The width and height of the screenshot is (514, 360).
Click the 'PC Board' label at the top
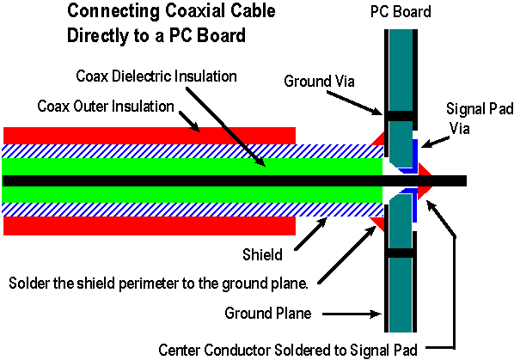click(x=401, y=11)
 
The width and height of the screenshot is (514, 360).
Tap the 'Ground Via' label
click(x=319, y=81)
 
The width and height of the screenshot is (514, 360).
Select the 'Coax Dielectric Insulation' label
click(x=156, y=76)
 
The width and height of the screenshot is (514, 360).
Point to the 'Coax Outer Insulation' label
click(x=106, y=107)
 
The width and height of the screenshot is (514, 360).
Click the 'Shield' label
click(x=262, y=254)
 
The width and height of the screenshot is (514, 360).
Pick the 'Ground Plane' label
click(x=268, y=313)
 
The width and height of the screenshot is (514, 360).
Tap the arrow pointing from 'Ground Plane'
click(x=352, y=314)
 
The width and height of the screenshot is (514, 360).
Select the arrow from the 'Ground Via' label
click(x=354, y=103)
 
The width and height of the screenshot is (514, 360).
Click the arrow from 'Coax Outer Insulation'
click(x=189, y=122)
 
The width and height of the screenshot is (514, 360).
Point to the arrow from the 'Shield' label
click(x=311, y=234)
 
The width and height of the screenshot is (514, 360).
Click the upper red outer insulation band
click(x=150, y=136)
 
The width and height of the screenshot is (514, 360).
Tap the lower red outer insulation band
click(x=150, y=226)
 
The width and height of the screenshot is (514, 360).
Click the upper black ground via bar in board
click(x=400, y=116)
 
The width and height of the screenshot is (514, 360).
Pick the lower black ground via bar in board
click(x=400, y=253)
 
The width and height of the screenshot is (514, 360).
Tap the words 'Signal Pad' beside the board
click(x=480, y=109)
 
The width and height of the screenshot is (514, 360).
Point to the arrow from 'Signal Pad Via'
click(x=435, y=142)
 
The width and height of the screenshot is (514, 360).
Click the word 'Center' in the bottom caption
click(x=180, y=350)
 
